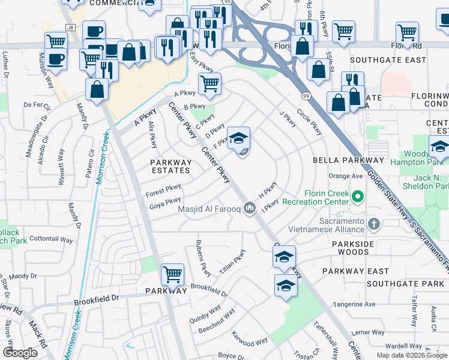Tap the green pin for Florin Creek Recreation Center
pyautogui.click(x=358, y=196)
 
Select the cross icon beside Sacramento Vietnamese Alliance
pyautogui.click(x=374, y=226)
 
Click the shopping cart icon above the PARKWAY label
pyautogui.click(x=172, y=274)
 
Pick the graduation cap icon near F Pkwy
pyautogui.click(x=238, y=138)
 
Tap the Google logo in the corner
pyautogui.click(x=20, y=352)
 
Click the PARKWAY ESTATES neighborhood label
pyautogui.click(x=171, y=166)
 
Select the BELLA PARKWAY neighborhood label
pyautogui.click(x=348, y=160)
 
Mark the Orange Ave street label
pyautogui.click(x=346, y=176)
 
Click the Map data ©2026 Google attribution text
pyautogui.click(x=412, y=355)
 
